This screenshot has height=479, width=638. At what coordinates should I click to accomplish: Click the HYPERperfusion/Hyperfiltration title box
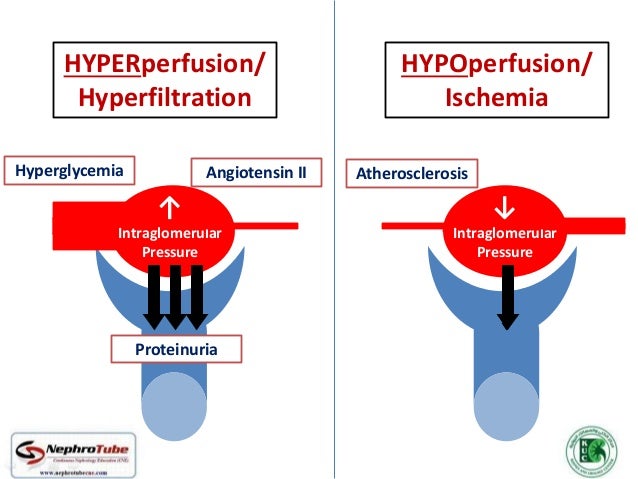click(166, 81)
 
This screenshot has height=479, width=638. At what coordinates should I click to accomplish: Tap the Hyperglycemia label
click(70, 170)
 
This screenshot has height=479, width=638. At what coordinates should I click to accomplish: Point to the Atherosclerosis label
click(411, 173)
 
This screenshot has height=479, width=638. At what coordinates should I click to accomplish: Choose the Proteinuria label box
click(176, 349)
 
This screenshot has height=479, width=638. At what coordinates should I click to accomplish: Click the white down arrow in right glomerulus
click(504, 208)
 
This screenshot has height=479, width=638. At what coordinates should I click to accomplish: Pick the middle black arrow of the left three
click(176, 296)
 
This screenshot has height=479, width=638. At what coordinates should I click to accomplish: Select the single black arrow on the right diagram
click(507, 297)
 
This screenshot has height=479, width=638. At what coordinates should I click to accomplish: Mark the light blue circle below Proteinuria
click(176, 410)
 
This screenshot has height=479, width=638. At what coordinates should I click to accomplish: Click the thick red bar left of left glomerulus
click(85, 216)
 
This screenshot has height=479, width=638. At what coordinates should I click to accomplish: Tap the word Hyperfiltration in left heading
click(165, 98)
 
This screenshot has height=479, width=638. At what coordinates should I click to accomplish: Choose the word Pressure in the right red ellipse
click(504, 252)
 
